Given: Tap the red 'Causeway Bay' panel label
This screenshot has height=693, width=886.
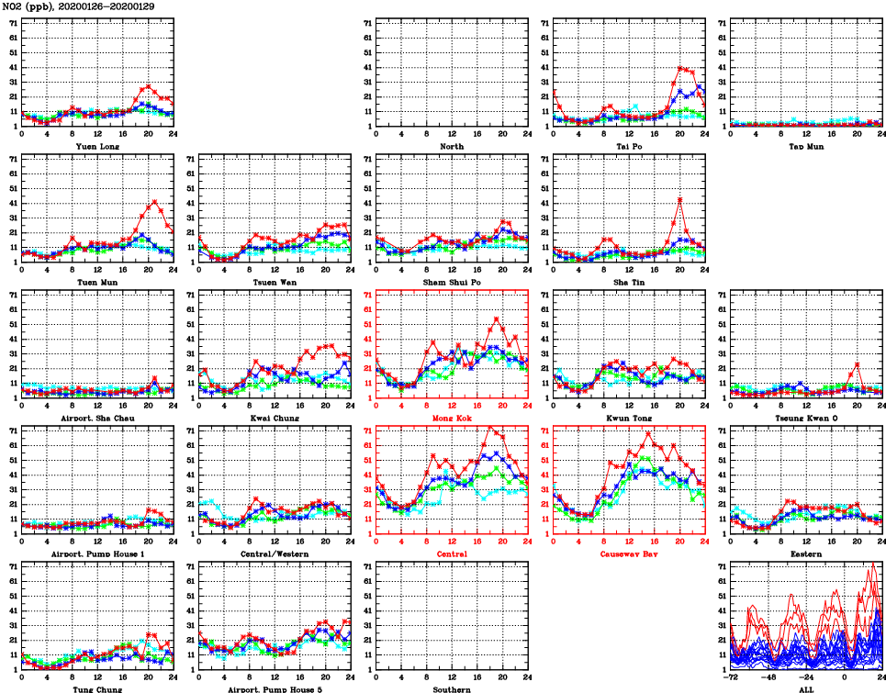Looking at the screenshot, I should click(x=629, y=554).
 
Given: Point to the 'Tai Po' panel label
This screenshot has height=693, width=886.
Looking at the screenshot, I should click(x=629, y=146).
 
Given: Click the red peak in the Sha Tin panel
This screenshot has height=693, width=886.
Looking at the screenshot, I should click(x=679, y=199).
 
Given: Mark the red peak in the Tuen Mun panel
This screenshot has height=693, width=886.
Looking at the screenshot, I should click(x=154, y=201).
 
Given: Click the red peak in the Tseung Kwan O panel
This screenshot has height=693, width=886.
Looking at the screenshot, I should click(x=857, y=363).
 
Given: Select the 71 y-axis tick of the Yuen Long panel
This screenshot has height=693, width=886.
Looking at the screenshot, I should click(x=11, y=23).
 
